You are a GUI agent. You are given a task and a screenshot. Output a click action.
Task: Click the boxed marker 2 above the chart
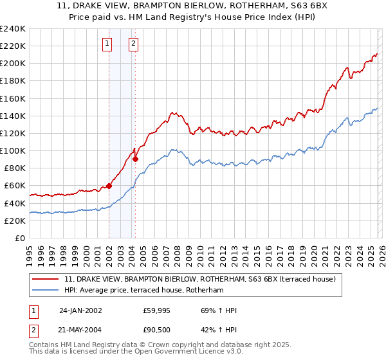(133, 44)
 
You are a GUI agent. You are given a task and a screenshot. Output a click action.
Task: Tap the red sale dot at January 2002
(109, 186)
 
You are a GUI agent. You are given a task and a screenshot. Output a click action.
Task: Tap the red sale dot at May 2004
(136, 159)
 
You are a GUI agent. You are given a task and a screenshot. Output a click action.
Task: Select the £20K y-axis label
(14, 221)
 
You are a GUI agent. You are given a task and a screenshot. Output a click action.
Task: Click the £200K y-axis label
(13, 64)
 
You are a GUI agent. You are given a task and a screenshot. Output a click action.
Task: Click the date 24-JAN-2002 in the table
(80, 310)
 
